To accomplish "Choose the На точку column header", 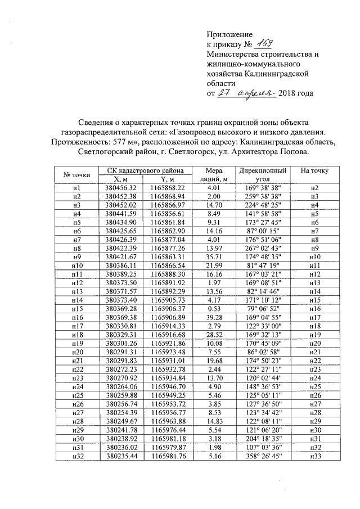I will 314,170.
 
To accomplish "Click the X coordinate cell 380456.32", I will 121,187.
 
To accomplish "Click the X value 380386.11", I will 121,265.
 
